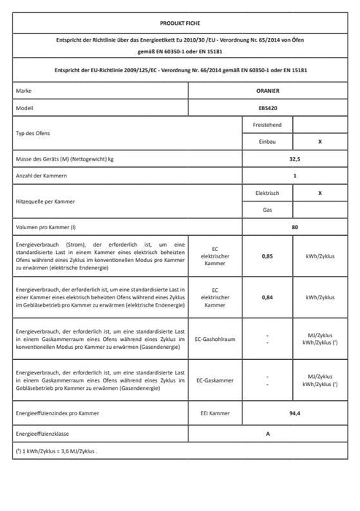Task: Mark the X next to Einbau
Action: tap(320, 142)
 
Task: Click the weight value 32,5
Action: tap(294, 159)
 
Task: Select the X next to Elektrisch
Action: tap(320, 193)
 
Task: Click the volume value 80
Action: tap(294, 228)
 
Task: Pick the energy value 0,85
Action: tap(268, 256)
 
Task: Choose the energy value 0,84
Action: tap(268, 298)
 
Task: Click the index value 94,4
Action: tap(294, 413)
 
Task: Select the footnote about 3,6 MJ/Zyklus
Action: tap(55, 451)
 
